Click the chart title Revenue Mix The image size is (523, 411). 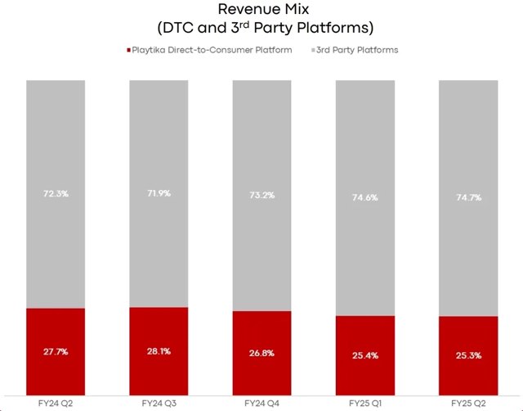pyautogui.click(x=263, y=9)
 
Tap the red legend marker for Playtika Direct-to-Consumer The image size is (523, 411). pyautogui.click(x=129, y=50)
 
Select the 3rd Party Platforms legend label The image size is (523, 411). pyautogui.click(x=357, y=50)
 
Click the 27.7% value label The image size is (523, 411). pyautogui.click(x=56, y=351)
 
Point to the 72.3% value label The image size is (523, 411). pyautogui.click(x=56, y=193)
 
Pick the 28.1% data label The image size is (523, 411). pyautogui.click(x=159, y=351)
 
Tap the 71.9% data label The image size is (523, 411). pyautogui.click(x=159, y=193)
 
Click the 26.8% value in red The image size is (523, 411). pyautogui.click(x=261, y=353)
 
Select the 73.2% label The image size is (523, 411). pyautogui.click(x=262, y=195)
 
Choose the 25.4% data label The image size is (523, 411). pyautogui.click(x=365, y=355)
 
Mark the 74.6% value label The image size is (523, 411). pyautogui.click(x=365, y=197)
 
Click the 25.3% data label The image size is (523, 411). pyautogui.click(x=468, y=355)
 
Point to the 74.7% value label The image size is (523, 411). pyautogui.click(x=468, y=197)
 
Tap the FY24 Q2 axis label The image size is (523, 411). pyautogui.click(x=56, y=404)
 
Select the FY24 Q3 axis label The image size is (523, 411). pyautogui.click(x=159, y=404)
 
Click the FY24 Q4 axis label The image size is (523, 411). pyautogui.click(x=261, y=404)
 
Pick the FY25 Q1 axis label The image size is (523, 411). pyautogui.click(x=365, y=404)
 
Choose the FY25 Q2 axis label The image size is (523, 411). pyautogui.click(x=468, y=404)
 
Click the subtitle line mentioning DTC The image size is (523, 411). pyautogui.click(x=265, y=28)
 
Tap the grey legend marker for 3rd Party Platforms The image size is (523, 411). pyautogui.click(x=313, y=50)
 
